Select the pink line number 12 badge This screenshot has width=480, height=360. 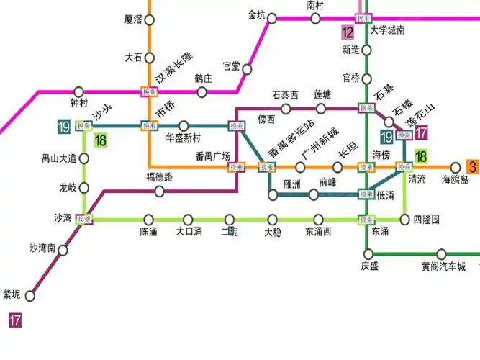tap(348, 32)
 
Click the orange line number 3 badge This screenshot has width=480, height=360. tap(473, 167)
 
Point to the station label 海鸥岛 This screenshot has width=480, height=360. tap(455, 180)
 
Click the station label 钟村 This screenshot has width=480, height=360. tap(79, 103)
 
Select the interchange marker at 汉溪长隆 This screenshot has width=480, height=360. tap(149, 91)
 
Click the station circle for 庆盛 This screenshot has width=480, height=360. tap(368, 253)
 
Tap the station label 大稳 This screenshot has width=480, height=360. tap(273, 232)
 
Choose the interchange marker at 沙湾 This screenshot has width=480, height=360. tap(85, 219)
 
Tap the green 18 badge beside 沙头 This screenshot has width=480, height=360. tap(101, 140)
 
